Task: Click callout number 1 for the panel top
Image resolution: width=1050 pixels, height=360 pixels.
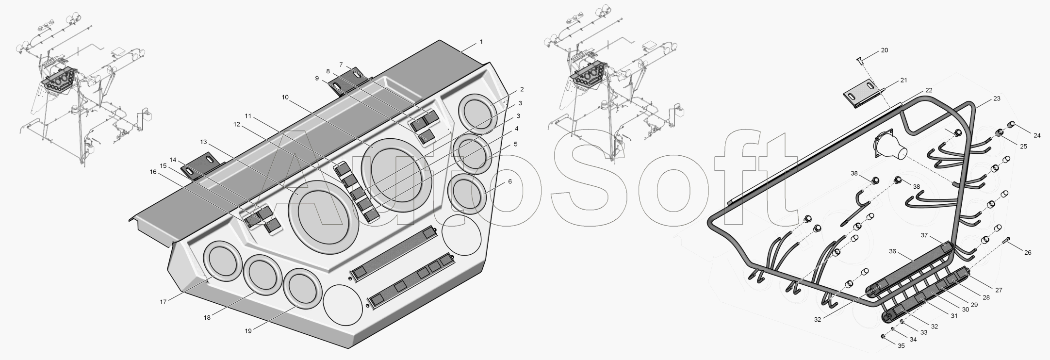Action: coord(481,42)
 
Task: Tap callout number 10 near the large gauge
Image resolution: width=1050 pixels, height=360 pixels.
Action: coord(285,97)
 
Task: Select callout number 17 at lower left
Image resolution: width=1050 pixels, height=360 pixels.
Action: coord(163,302)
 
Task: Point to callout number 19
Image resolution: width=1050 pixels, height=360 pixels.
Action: coord(248,331)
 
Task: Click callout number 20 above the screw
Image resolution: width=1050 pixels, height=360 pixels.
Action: coord(885,50)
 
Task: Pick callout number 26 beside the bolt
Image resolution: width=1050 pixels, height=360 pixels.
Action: coord(1028,252)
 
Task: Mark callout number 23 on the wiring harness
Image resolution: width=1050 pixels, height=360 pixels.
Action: coord(997,99)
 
